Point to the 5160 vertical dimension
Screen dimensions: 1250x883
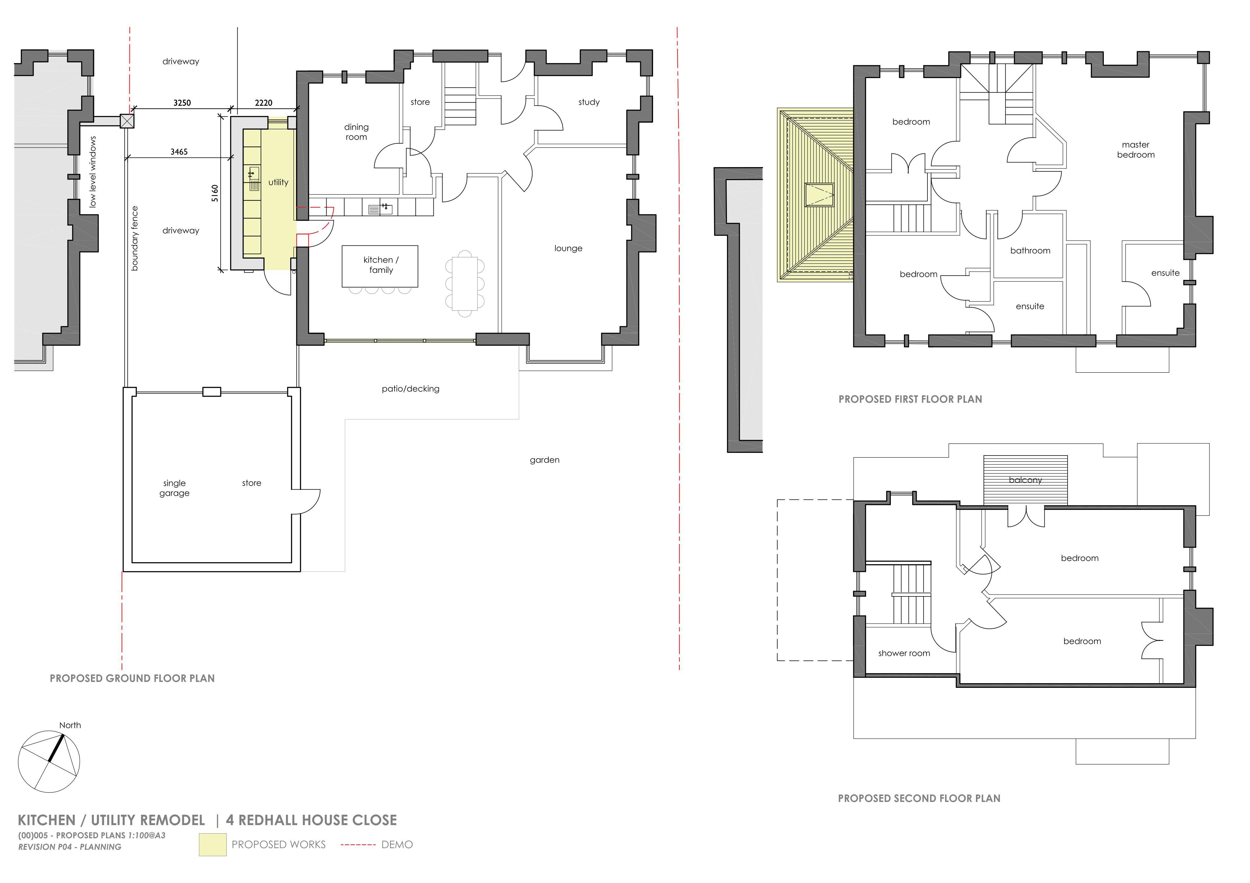pyautogui.click(x=215, y=193)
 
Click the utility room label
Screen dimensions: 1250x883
pyautogui.click(x=278, y=182)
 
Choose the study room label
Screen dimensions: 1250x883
pyautogui.click(x=589, y=102)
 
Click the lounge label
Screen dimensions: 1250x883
pyautogui.click(x=568, y=248)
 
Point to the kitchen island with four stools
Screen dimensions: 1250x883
pyautogui.click(x=380, y=266)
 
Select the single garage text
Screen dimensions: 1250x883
pyautogui.click(x=174, y=488)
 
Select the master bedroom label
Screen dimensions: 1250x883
pyautogui.click(x=1136, y=150)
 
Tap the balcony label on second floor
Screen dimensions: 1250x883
pyautogui.click(x=1025, y=480)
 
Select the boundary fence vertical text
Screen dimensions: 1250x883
pyautogui.click(x=135, y=238)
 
